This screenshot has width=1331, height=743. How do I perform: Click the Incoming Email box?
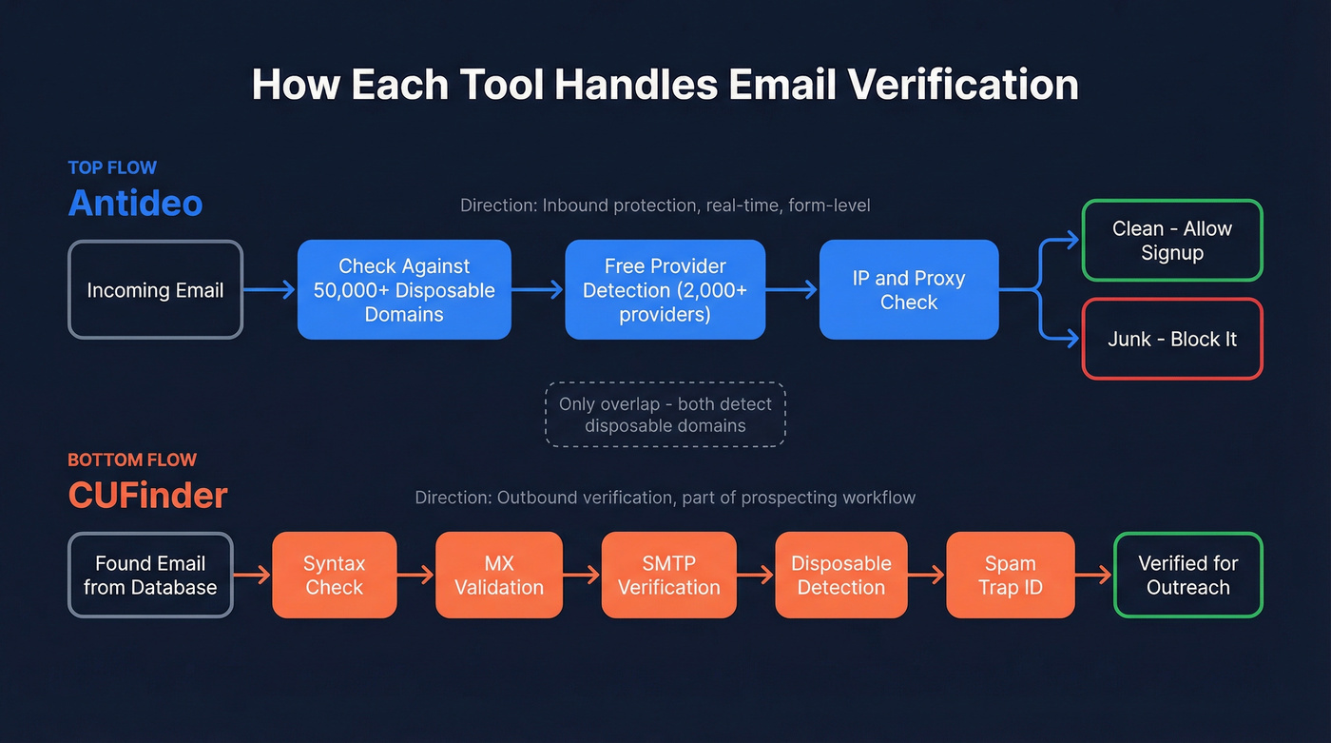(155, 290)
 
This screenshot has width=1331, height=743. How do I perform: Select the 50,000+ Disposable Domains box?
(404, 290)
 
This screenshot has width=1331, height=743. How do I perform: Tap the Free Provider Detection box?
(665, 290)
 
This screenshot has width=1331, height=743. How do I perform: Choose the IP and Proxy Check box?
(909, 290)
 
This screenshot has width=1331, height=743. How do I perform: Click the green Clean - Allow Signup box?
(1171, 241)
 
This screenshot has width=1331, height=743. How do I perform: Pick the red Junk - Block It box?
(1171, 340)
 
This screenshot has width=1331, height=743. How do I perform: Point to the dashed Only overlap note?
(665, 415)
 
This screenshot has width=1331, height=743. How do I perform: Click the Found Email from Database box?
(150, 576)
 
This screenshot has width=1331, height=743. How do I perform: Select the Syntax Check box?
(334, 576)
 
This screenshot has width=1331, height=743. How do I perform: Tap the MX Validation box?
(499, 576)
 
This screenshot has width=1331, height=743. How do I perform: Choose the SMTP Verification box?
(668, 576)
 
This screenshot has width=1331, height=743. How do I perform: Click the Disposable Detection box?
(840, 576)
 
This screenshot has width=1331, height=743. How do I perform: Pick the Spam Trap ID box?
(1010, 576)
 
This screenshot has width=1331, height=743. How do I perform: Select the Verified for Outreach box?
(1187, 576)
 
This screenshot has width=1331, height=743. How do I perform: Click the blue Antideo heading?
(135, 203)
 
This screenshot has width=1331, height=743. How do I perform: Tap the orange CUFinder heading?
(147, 495)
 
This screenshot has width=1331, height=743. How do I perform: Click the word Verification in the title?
(963, 86)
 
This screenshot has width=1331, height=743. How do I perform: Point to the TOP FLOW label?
(112, 168)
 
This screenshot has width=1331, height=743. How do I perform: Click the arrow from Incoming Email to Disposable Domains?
(269, 290)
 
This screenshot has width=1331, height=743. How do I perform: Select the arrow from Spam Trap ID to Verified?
(1093, 576)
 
